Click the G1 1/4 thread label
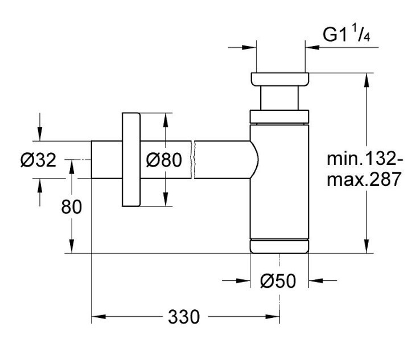coord(347,34)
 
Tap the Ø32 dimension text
coord(38,160)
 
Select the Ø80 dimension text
coord(164,160)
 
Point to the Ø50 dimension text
coord(278,281)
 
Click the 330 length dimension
coord(184,317)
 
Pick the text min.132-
coord(364,158)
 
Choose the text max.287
coord(364,179)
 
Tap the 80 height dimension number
coord(72,207)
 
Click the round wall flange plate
coord(131,160)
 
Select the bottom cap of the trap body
coord(279,246)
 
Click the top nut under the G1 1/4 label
coord(279,79)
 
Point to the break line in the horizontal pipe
coord(193,160)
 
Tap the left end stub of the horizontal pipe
coord(106,160)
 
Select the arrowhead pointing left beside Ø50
coord(316,281)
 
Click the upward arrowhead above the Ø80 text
coord(166,120)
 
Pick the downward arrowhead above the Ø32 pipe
coord(40,134)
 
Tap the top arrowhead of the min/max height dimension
coord(367,80)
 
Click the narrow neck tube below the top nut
coord(279,98)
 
